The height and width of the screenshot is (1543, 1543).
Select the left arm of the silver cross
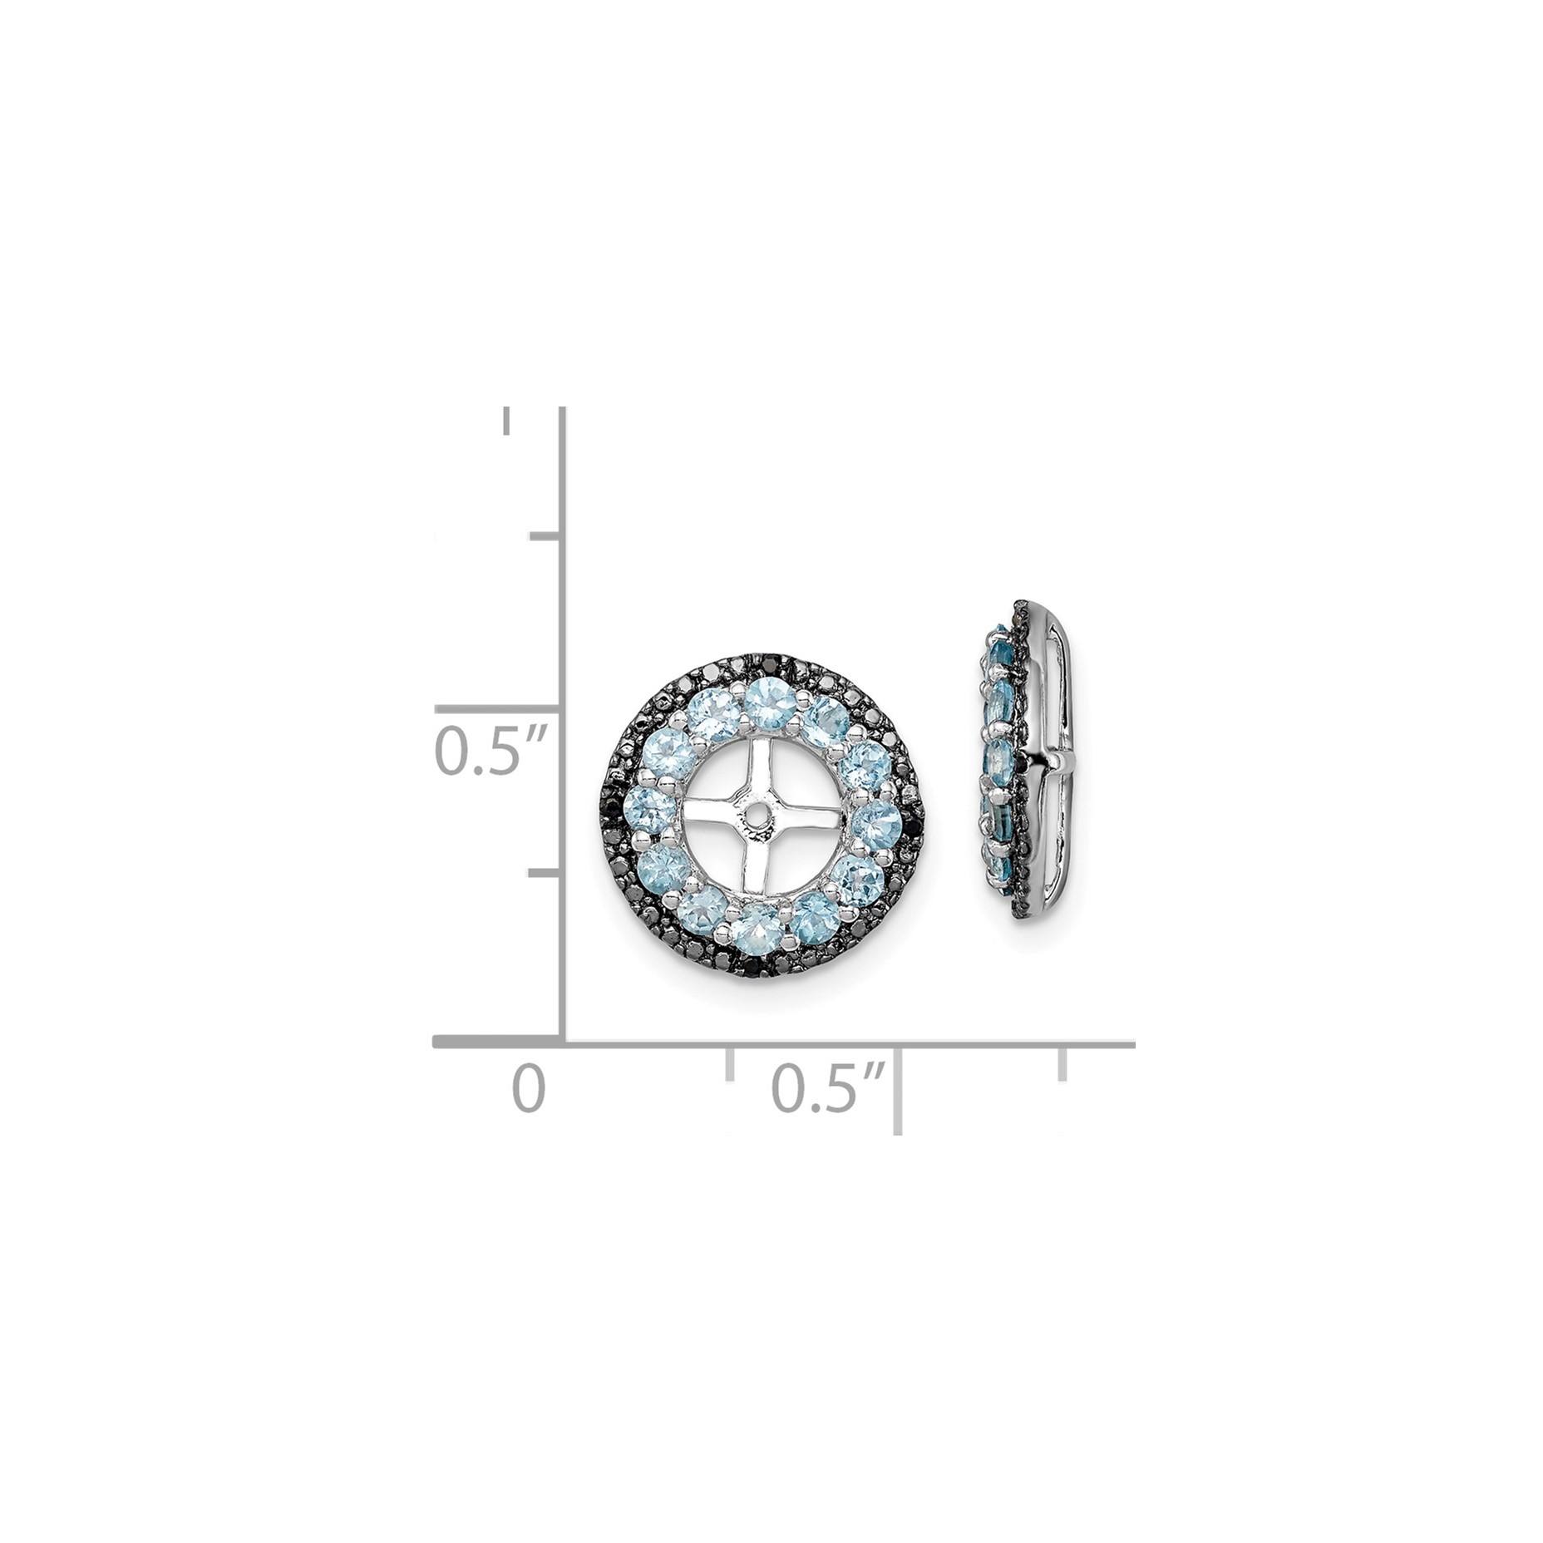715,820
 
